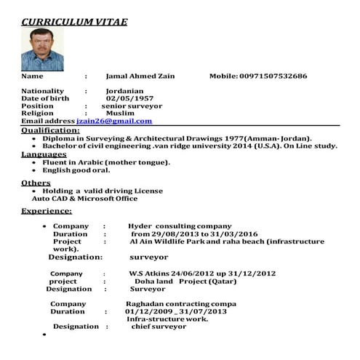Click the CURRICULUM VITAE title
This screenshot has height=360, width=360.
[74, 22]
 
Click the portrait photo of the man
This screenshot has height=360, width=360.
[42, 49]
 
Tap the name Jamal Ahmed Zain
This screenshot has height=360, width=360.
[140, 76]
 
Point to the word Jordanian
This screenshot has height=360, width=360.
[129, 91]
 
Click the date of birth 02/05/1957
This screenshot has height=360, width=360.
[129, 98]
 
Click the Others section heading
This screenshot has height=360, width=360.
[36, 183]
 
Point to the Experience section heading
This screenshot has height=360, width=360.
[46, 211]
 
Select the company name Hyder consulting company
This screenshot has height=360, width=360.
[180, 226]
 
